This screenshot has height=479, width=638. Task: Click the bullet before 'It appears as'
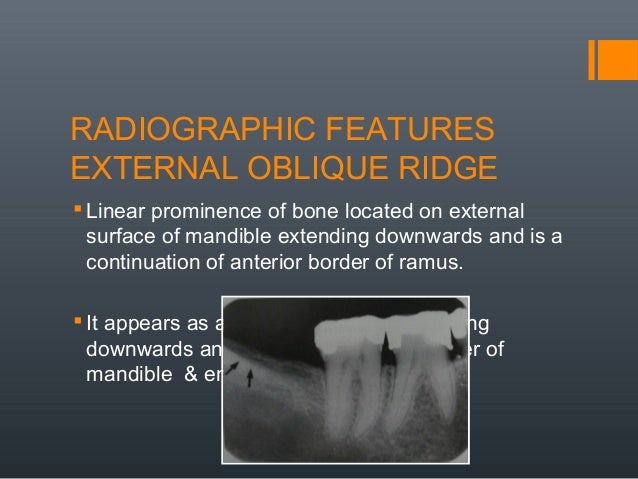[78, 321]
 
